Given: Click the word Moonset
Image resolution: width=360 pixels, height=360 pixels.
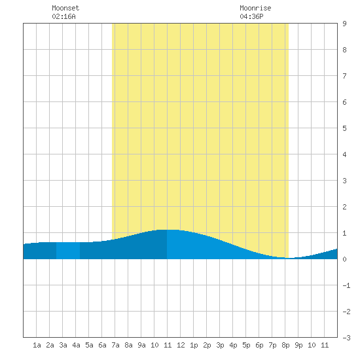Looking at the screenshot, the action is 65,8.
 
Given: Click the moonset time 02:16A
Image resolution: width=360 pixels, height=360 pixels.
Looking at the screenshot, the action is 63,16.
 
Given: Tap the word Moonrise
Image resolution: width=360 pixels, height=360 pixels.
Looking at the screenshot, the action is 255,8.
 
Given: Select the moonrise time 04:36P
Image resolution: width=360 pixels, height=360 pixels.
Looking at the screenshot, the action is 251,16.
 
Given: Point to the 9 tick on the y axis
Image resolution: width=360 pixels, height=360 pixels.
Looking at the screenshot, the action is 344,24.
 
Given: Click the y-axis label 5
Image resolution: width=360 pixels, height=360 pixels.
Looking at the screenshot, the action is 344,128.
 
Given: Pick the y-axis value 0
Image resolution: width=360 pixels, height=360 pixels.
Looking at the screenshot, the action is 344,259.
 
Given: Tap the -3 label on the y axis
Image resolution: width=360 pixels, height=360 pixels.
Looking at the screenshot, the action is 346,338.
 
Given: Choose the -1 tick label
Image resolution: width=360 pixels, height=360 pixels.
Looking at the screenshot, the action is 346,285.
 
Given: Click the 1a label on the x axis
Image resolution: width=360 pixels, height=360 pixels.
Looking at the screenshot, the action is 37,345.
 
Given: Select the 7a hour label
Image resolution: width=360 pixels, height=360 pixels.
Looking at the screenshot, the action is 115,345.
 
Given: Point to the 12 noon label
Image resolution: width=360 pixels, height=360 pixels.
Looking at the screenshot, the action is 181,345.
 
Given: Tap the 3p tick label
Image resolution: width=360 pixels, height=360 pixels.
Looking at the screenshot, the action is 220,345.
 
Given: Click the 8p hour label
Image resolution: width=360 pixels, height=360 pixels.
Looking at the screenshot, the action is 285,345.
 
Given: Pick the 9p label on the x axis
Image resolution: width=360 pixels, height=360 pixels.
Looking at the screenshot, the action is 298,345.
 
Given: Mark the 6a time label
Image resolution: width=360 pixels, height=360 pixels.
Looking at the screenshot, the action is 102,345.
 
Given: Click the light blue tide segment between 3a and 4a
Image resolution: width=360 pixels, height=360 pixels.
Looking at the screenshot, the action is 68,251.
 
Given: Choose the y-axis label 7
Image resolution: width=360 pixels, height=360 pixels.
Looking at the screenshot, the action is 344,76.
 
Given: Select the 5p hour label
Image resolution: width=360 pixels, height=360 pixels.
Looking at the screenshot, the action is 246,345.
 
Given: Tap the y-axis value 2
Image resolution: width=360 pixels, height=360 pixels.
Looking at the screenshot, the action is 344,207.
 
